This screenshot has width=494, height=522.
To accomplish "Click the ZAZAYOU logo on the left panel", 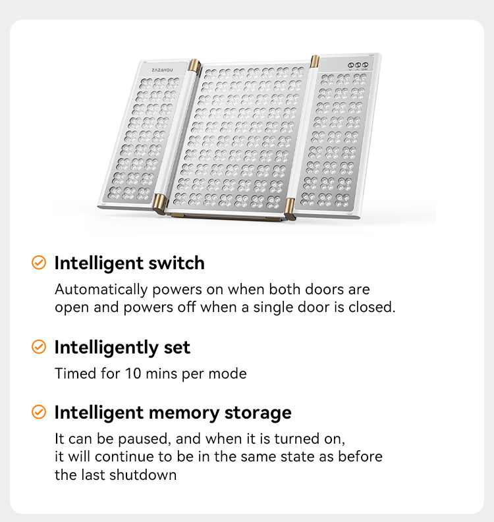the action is (x=162, y=70).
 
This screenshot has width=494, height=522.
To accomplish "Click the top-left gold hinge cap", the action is (x=194, y=66).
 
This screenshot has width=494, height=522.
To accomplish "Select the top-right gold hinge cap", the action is (x=315, y=62).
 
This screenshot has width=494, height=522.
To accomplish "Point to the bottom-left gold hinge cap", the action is (x=159, y=203).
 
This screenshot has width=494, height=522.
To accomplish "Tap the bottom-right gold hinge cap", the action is (x=290, y=209).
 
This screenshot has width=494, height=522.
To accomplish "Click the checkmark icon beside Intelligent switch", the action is (x=39, y=263).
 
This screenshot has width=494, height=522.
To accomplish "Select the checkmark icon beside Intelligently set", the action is (x=39, y=347).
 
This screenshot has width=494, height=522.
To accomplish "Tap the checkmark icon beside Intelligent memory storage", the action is (x=39, y=412).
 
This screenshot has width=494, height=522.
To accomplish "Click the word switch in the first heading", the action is (x=177, y=263).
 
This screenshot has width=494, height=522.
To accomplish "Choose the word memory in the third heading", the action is (x=184, y=413).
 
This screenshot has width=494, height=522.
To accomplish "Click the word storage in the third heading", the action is (x=258, y=413).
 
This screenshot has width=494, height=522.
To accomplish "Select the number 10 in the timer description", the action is (x=133, y=373).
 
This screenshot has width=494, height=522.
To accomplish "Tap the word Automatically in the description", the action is (x=101, y=290).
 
